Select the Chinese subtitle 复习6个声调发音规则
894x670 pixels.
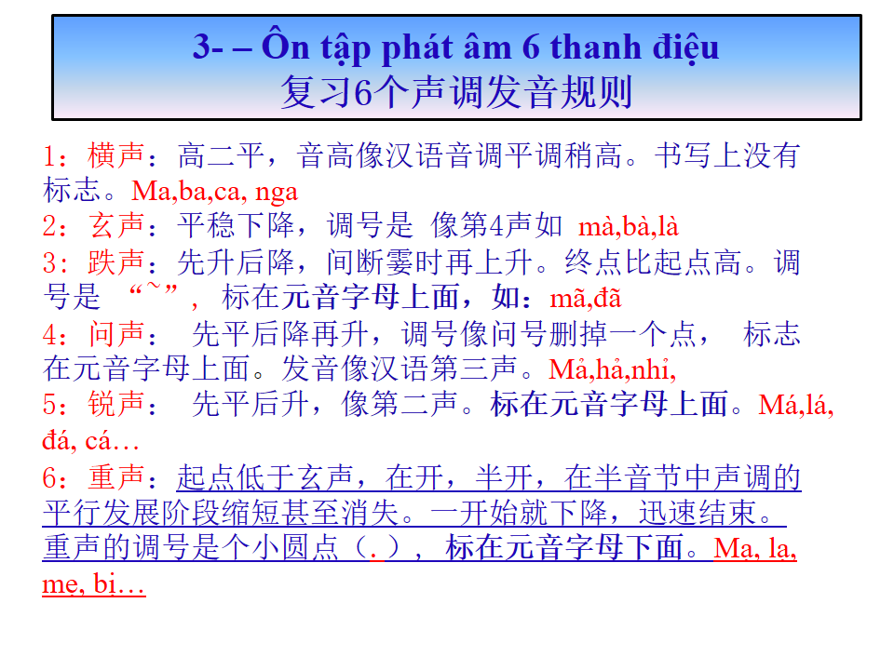[x=456, y=92]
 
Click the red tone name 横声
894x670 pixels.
[x=115, y=155]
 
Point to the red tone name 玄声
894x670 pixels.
[x=115, y=225]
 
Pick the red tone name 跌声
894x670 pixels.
[x=115, y=262]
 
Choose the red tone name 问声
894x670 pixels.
[x=115, y=334]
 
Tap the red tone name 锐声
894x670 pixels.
[x=115, y=405]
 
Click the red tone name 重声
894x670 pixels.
[x=115, y=476]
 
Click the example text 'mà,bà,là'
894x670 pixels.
[x=629, y=227]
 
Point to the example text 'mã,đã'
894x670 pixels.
[x=586, y=298]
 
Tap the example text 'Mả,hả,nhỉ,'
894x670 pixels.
[x=613, y=369]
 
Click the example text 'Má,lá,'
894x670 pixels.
[x=796, y=405]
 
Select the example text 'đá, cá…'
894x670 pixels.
[x=90, y=440]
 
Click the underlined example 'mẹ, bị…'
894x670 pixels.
[x=94, y=584]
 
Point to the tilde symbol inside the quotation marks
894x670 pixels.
[x=154, y=286]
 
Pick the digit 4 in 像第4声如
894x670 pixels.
[x=497, y=226]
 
